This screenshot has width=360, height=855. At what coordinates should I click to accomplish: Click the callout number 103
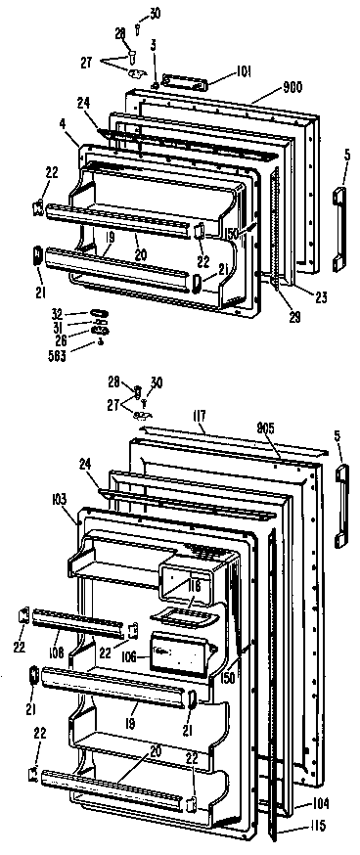(58, 499)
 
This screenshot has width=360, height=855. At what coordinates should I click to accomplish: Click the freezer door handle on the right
(339, 228)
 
